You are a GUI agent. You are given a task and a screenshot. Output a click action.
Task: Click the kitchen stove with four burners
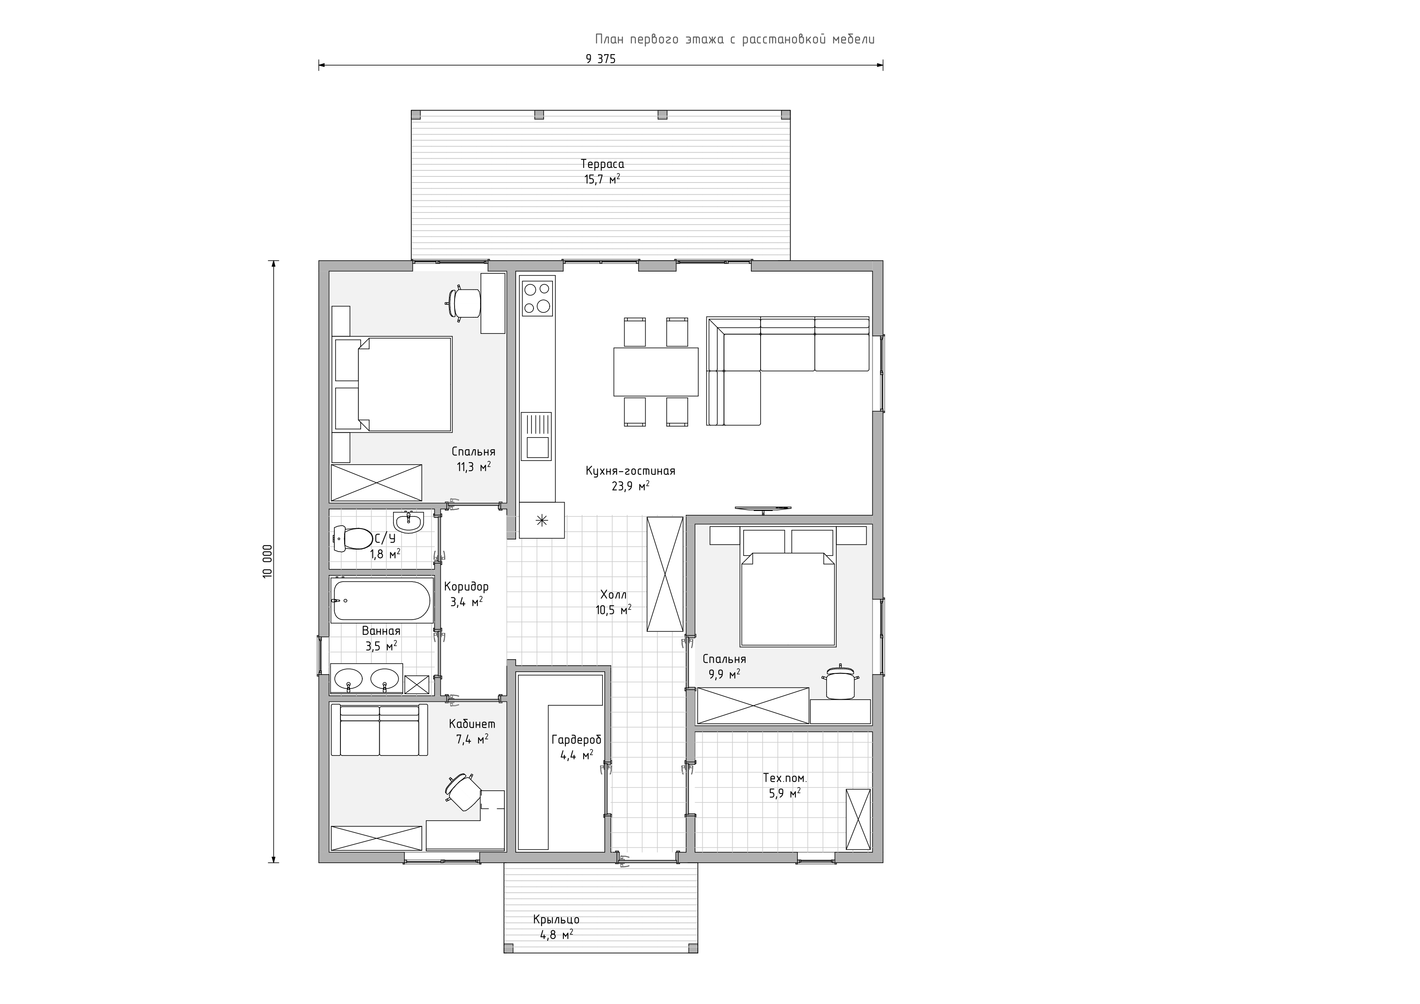537,299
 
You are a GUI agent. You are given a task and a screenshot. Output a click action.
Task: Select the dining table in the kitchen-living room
656,371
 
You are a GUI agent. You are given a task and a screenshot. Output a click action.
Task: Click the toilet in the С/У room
349,538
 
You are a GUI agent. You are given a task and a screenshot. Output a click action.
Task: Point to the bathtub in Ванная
381,600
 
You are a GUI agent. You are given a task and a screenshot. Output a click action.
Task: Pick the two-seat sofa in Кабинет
379,730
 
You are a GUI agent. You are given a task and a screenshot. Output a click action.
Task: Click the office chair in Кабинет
462,792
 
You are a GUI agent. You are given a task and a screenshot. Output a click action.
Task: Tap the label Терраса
602,164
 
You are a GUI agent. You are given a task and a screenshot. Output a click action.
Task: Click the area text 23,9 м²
631,486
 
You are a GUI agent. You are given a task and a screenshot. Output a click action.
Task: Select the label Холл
614,595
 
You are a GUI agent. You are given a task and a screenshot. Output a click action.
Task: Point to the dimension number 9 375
601,59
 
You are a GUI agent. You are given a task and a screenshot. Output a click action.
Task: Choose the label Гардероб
576,740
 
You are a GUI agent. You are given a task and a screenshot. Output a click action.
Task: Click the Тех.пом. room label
785,778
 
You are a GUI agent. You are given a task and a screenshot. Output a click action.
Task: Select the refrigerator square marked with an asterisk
542,520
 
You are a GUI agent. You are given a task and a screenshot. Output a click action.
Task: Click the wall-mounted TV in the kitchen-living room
763,509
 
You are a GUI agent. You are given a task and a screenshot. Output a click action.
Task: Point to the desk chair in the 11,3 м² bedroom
463,304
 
